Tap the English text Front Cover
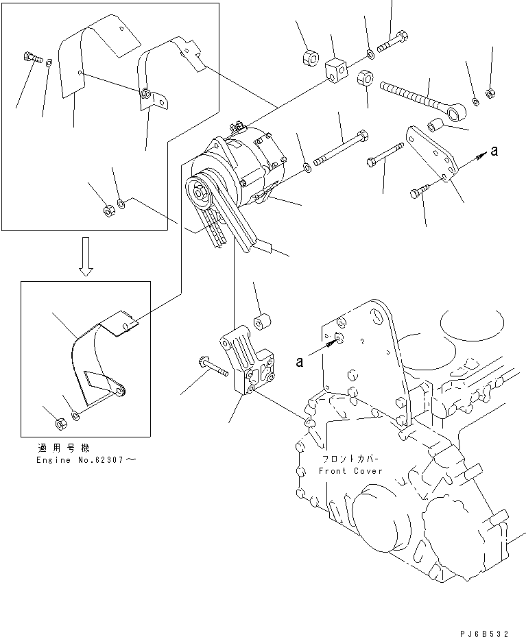[x=350, y=471]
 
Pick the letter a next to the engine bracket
[x=300, y=362]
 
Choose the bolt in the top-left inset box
[x=32, y=58]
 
